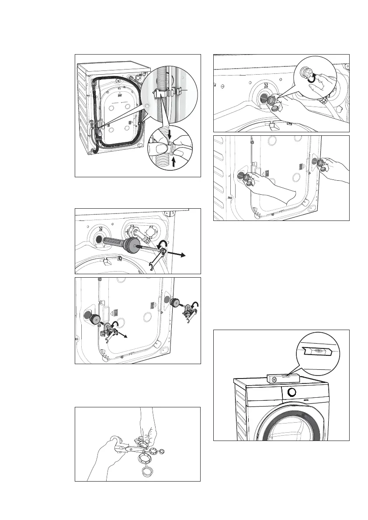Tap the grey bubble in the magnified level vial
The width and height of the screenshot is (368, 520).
319,350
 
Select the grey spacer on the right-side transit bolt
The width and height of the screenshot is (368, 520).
176,302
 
